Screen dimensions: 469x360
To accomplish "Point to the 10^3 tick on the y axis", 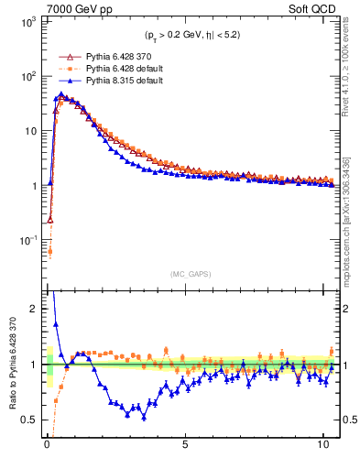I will point(27,20).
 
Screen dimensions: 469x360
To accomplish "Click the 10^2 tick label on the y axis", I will point(27,75).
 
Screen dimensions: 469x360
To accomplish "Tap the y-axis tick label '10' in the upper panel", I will point(30,130).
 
